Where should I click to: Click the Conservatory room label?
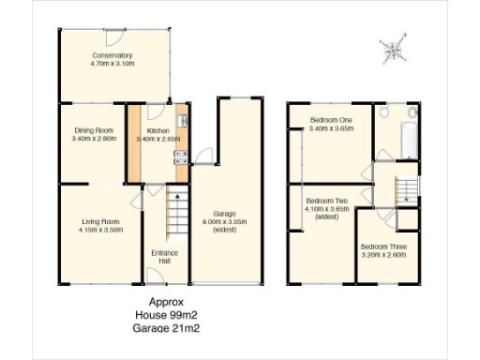click(x=112, y=55)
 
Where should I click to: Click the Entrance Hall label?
click(x=164, y=257)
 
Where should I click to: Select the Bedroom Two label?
click(x=327, y=201)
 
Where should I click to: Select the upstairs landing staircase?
click(x=406, y=190)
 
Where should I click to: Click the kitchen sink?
click(x=183, y=122)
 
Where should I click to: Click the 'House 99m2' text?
click(x=167, y=315)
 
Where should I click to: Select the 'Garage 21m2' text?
click(x=167, y=328)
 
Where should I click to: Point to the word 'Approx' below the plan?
click(x=167, y=302)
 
